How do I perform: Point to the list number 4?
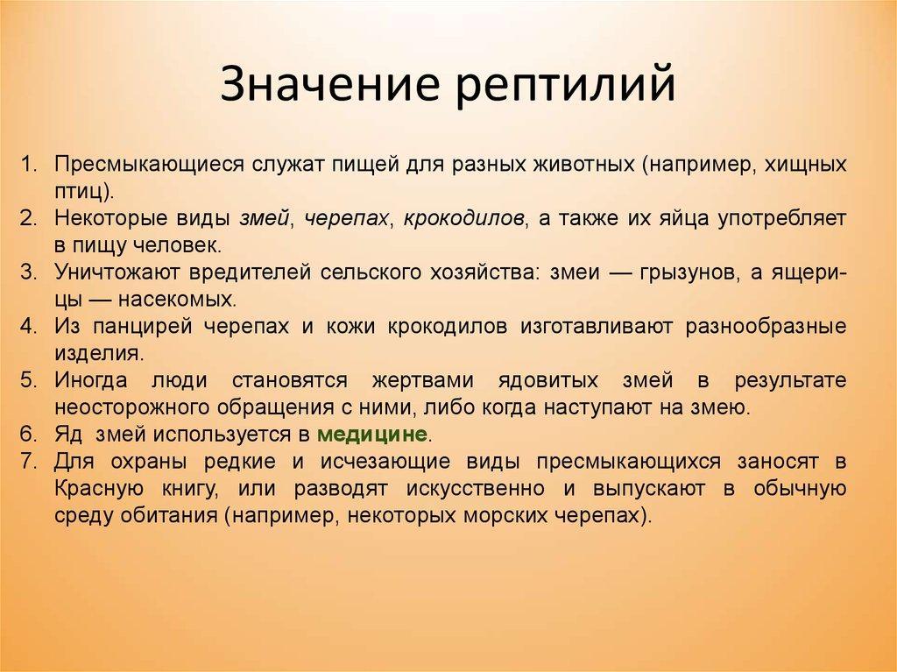[x=28, y=326]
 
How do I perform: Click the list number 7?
[x=28, y=461]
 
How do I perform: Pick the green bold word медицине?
[x=372, y=434]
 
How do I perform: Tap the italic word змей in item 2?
[x=265, y=218]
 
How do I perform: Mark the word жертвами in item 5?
[x=422, y=380]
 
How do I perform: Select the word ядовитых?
[x=548, y=380]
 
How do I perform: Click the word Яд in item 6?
[x=68, y=435]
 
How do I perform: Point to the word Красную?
[x=98, y=488]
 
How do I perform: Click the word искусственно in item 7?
[x=476, y=488]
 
